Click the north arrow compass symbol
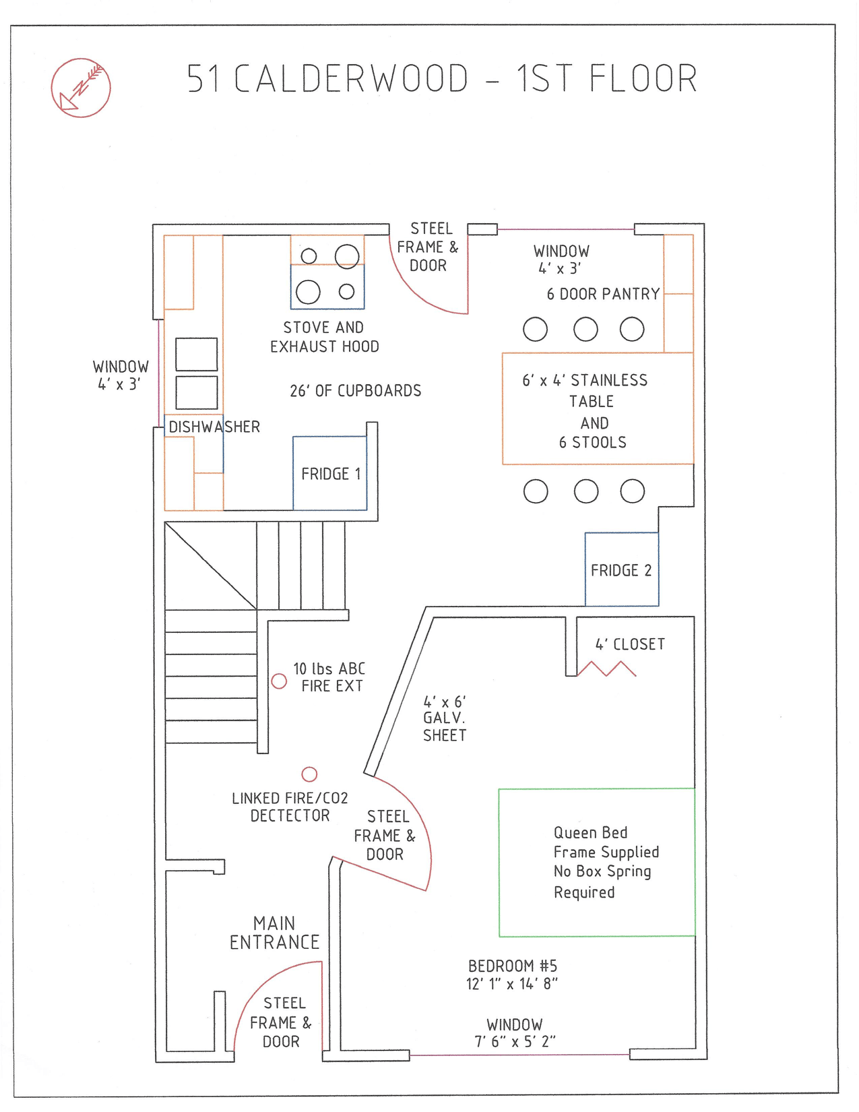81,88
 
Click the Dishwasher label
214,427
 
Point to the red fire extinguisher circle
279,681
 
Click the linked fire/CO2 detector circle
309,774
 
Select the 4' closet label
631,644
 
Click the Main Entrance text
274,933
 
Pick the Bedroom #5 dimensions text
512,984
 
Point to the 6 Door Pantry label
603,294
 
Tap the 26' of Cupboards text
356,391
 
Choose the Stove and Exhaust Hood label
324,337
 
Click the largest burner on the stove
347,256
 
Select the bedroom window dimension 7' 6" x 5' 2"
515,1042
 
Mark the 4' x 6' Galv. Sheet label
444,718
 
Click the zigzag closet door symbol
606,669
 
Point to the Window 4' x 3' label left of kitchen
121,375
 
